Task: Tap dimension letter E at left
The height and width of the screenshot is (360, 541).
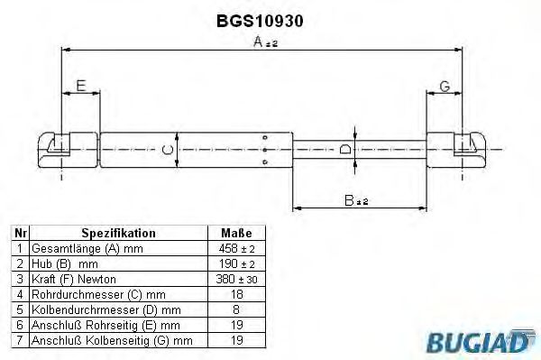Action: coord(81,87)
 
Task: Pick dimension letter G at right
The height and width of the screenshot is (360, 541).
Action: coord(444,87)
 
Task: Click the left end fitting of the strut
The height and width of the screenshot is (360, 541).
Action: coord(56,148)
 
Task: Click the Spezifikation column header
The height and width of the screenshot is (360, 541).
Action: coord(119,233)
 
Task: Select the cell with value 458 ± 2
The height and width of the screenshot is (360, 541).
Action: coord(235,248)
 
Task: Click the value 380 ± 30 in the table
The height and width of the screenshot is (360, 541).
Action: coord(235,279)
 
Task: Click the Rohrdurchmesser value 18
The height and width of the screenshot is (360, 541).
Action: coord(235,294)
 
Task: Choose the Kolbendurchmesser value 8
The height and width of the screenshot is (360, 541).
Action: coord(235,309)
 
